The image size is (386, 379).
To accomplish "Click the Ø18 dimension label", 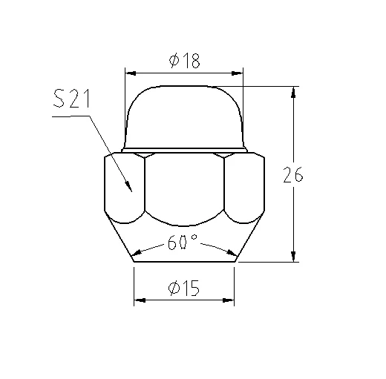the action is pyautogui.click(x=185, y=60).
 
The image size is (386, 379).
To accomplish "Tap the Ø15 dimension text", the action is pyautogui.click(x=184, y=288).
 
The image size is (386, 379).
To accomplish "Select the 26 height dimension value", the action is pyautogui.click(x=293, y=174).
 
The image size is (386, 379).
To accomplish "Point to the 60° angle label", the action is pyautogui.click(x=183, y=242).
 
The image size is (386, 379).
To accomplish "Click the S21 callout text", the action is pyautogui.click(x=71, y=99).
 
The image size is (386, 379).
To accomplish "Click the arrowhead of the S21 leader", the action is pyautogui.click(x=128, y=187).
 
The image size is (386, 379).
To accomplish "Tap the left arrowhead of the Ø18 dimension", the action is pyautogui.click(x=131, y=73).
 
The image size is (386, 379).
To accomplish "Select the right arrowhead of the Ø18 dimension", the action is pyautogui.click(x=237, y=73).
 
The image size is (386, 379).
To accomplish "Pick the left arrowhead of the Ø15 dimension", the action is pyautogui.click(x=140, y=300).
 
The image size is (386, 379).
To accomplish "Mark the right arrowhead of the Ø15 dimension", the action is pyautogui.click(x=228, y=300).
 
